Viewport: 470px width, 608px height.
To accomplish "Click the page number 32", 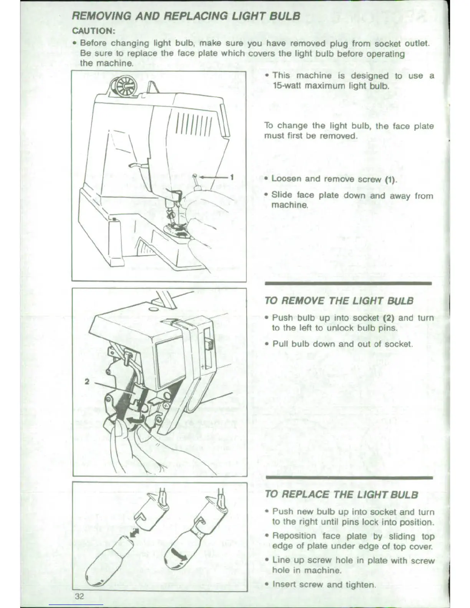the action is coord(79,596).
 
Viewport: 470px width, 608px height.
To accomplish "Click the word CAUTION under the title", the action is coord(94,31).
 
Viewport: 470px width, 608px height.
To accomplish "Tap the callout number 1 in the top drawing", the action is coord(232,177).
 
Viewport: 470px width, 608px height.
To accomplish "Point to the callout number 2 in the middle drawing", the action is coord(87,382).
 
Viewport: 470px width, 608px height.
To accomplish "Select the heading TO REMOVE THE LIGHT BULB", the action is coord(339,301).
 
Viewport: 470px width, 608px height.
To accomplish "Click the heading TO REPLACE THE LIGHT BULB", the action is coord(341,494).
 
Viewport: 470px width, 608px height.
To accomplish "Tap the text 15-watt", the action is coord(288,86).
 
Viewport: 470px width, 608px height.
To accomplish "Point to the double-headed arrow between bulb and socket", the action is coord(135,533).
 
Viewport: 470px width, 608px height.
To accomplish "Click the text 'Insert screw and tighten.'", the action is coord(324,585).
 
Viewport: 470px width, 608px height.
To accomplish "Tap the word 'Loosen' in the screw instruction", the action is coord(286,178).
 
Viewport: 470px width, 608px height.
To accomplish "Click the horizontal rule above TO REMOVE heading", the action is coord(348,284).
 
